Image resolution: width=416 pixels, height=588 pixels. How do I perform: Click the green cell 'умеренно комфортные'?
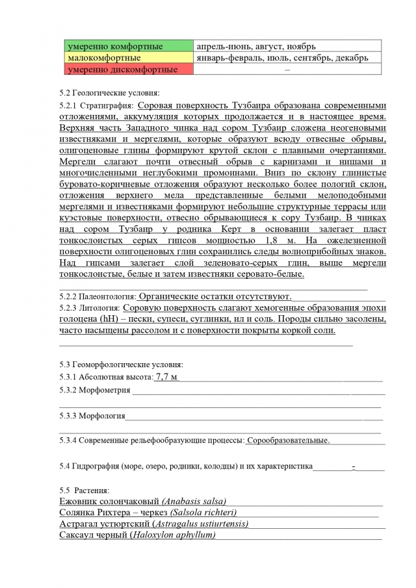coord(126,47)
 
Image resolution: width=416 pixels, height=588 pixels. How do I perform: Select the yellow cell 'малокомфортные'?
coord(126,58)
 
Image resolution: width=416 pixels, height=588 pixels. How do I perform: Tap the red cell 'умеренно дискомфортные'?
coord(126,69)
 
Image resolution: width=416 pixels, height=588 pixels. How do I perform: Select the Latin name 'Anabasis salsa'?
coord(193,501)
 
